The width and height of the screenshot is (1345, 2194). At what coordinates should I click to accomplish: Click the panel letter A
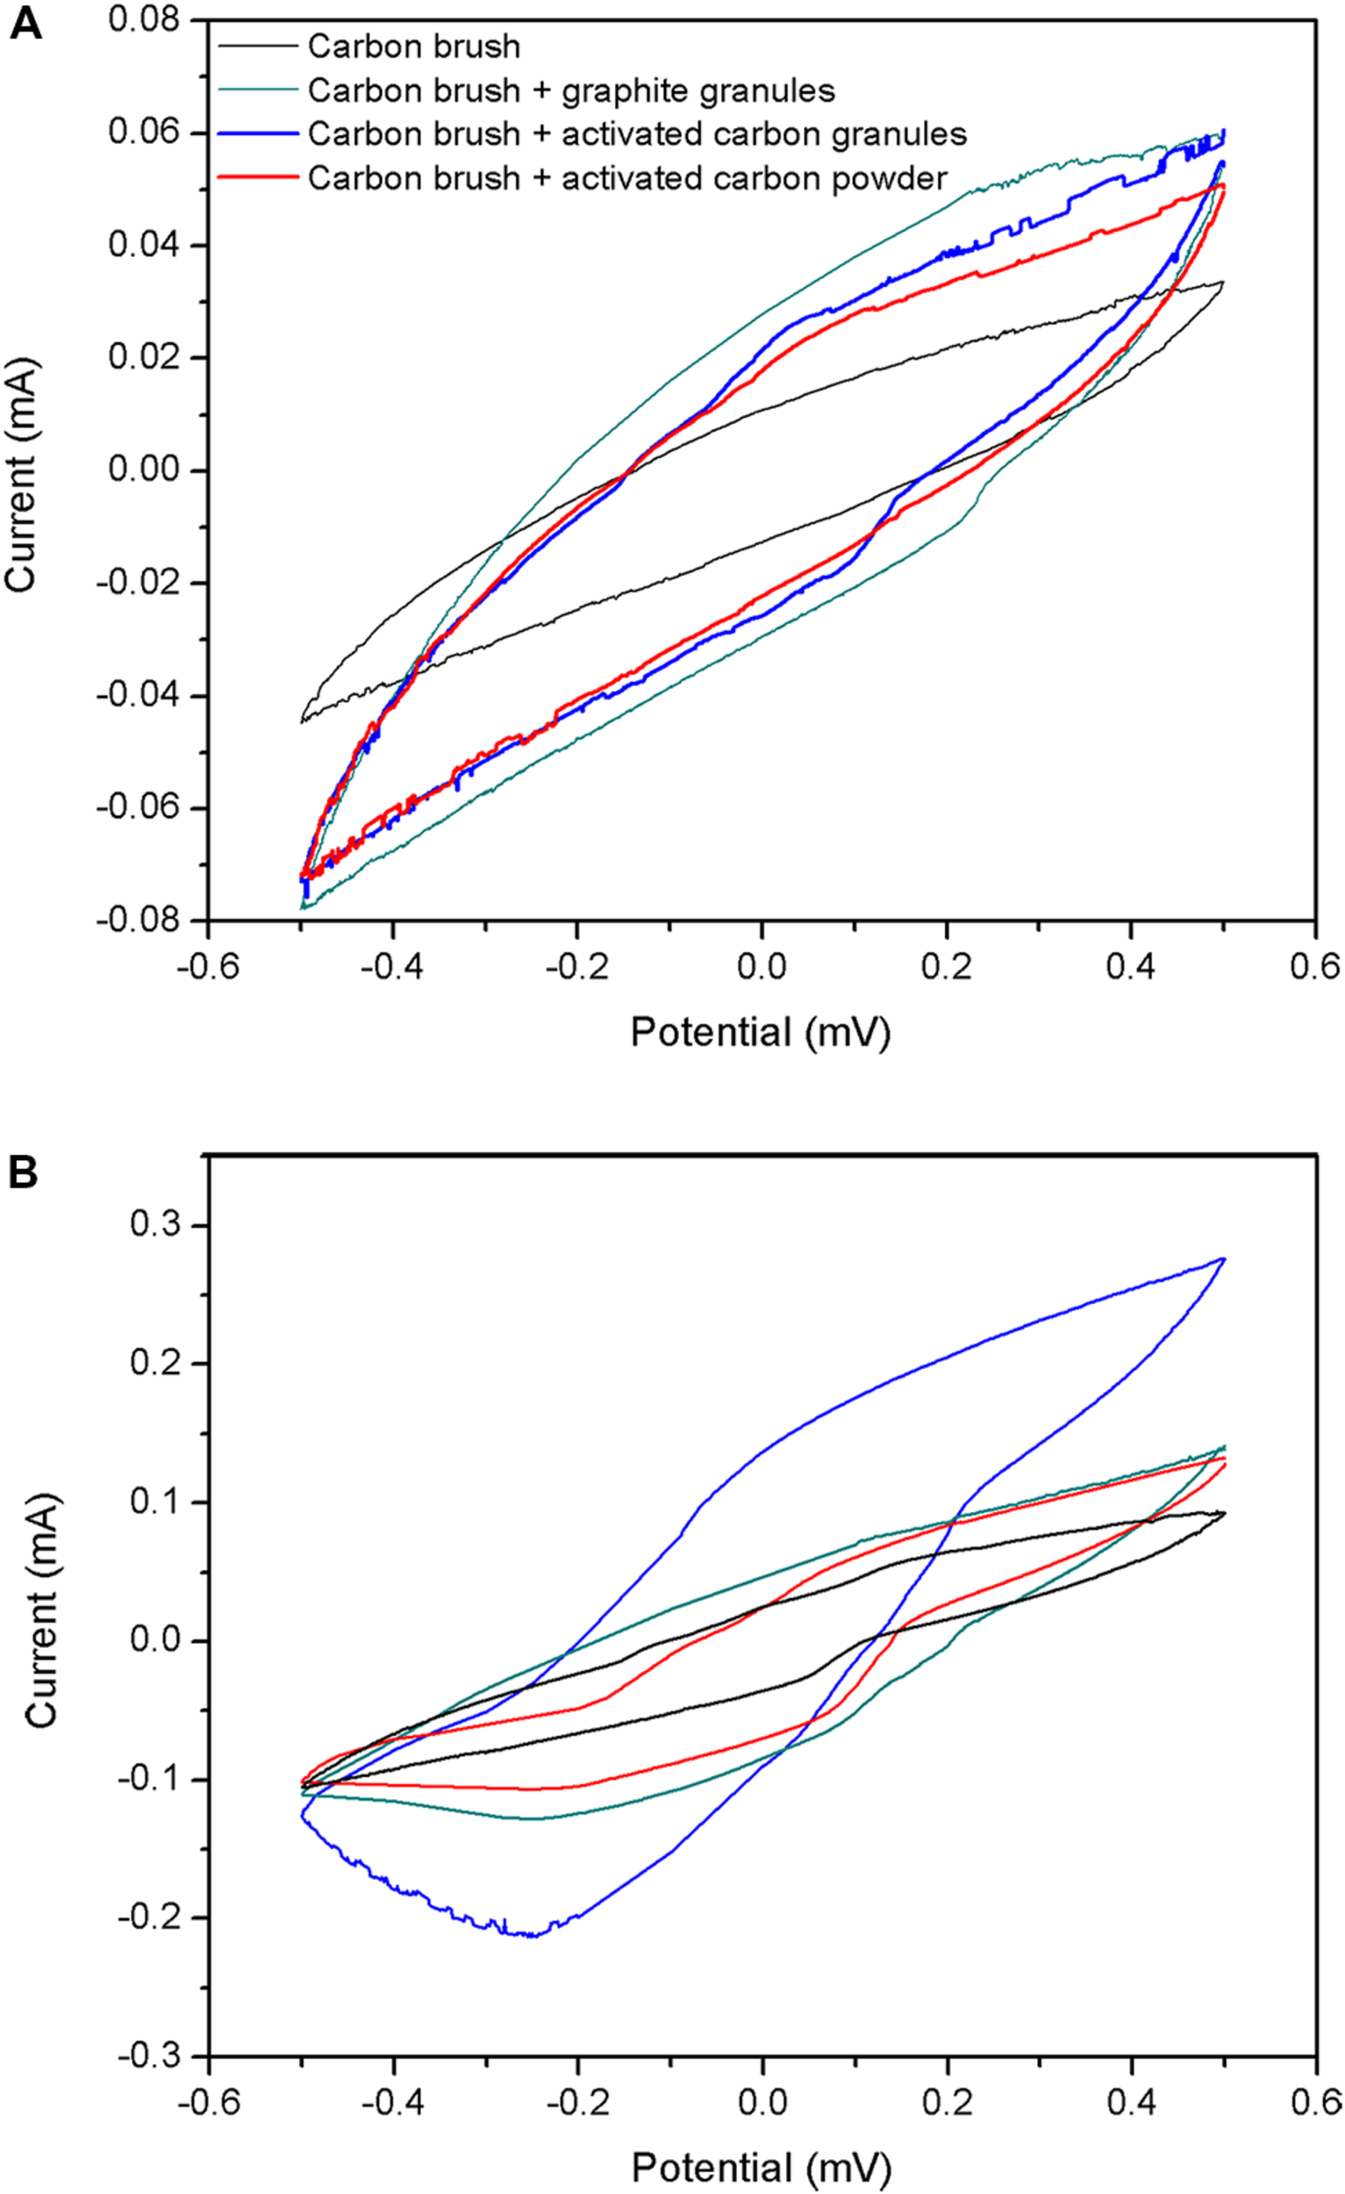coord(25,24)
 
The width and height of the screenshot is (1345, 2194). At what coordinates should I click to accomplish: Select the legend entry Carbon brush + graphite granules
coord(570,90)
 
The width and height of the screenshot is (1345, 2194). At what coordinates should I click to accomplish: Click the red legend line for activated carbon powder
coord(257,177)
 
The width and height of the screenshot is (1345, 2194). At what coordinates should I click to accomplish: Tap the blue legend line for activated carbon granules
coord(257,133)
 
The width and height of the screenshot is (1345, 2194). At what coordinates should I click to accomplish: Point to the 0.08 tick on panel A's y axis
coord(144,18)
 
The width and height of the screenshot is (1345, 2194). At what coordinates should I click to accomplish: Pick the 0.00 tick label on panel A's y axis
coord(144,470)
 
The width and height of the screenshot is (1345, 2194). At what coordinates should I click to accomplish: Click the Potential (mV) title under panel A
coord(760,1033)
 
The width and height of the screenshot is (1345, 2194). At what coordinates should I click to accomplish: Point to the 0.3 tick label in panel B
coord(155,1224)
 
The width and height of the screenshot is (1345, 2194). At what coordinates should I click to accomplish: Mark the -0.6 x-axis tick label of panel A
coord(206,965)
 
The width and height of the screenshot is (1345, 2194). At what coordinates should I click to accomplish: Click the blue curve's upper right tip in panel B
coord(1225,1258)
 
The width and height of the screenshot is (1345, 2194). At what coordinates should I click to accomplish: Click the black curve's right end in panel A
coord(1223,283)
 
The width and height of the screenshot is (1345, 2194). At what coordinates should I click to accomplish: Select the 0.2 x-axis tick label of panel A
coord(946,965)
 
